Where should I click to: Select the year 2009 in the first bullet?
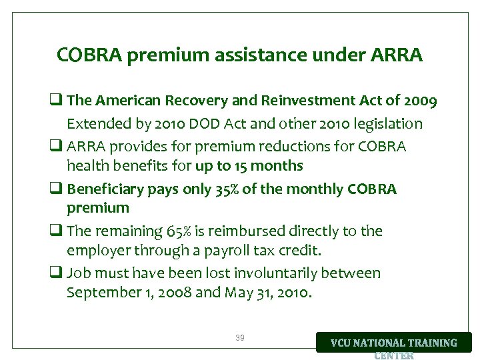[x=421, y=101]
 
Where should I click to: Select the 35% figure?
[x=224, y=189]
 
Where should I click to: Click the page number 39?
[x=239, y=338]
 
